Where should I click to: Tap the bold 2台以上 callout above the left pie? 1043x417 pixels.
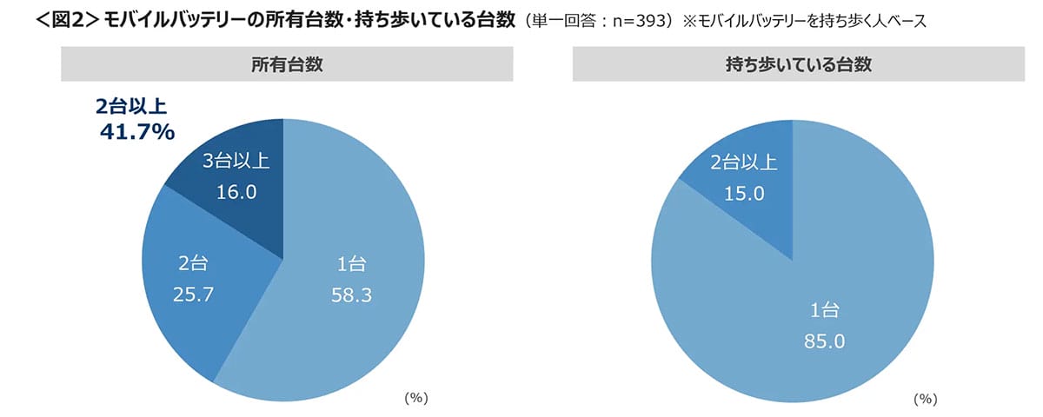130,107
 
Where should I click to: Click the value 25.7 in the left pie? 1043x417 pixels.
194,295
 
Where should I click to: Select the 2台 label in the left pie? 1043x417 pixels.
194,263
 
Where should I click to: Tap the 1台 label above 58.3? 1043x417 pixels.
352,264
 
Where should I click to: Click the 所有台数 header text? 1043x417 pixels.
282,63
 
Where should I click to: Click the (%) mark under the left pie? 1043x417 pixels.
416,398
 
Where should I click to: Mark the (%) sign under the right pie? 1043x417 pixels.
924,399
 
